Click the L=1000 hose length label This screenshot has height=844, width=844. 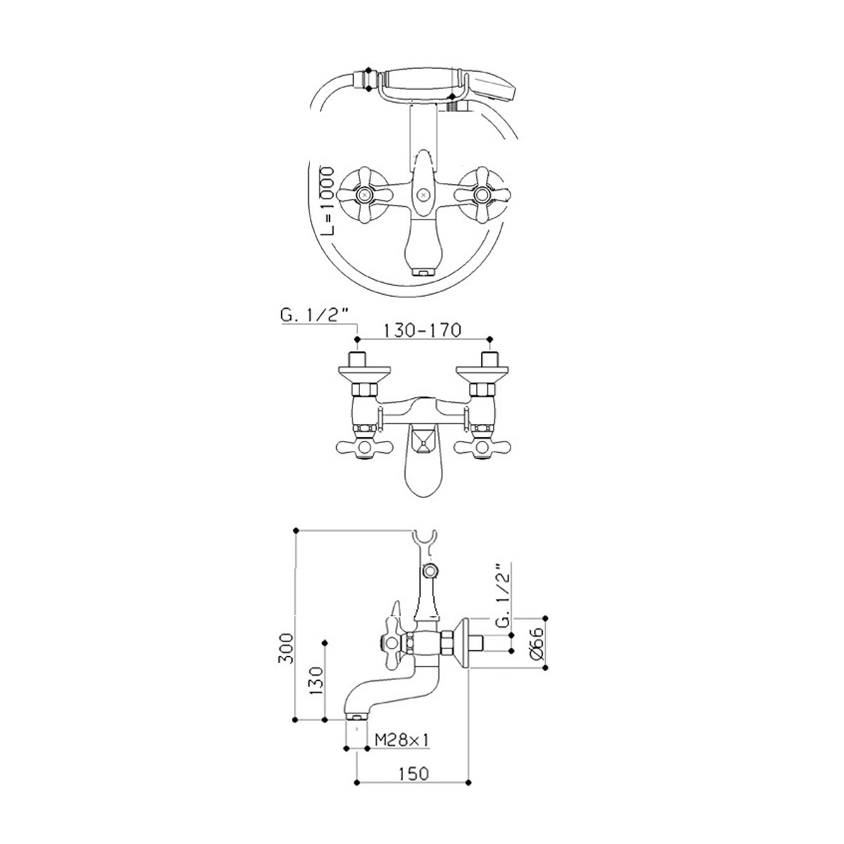(327, 201)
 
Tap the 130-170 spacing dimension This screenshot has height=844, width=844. (422, 331)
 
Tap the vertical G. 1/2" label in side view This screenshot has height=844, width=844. (504, 601)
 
